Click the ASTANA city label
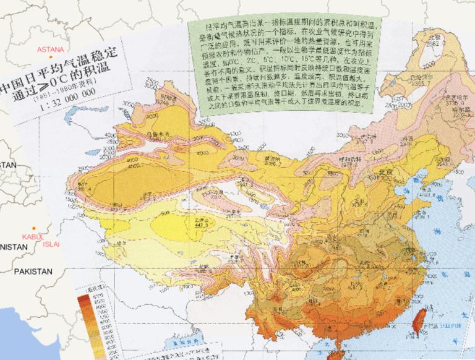point(50,49)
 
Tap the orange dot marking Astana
point(51,56)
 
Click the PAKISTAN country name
point(35,272)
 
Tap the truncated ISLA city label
point(52,244)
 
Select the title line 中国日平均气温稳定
point(59,70)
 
